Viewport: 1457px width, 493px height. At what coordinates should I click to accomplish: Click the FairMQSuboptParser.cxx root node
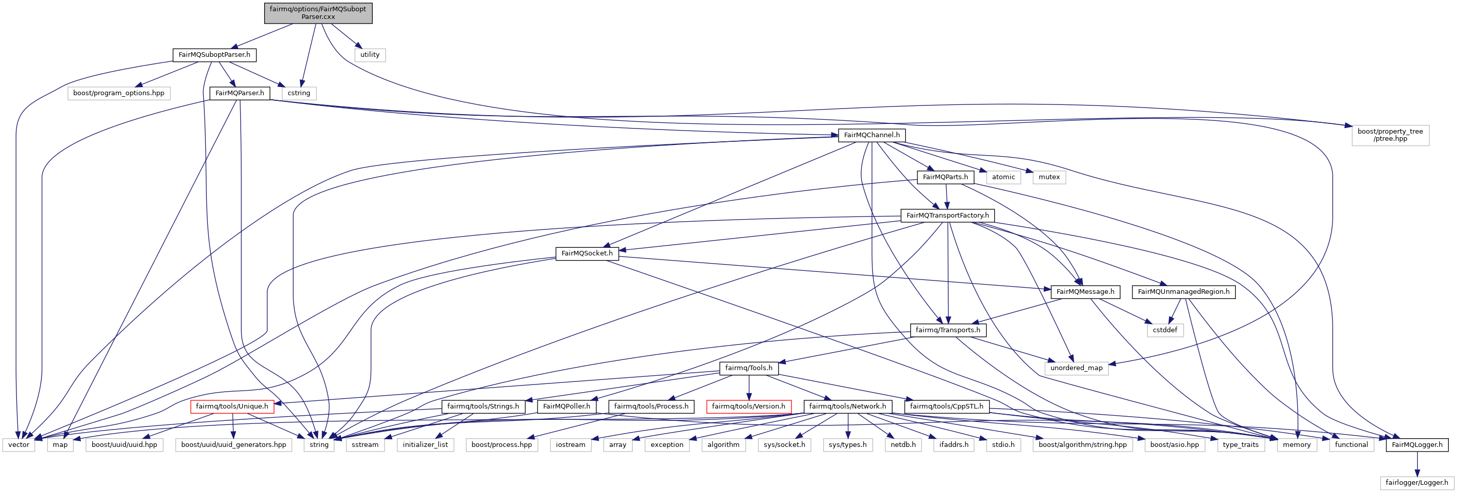click(318, 13)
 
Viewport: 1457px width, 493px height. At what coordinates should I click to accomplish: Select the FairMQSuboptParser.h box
click(215, 55)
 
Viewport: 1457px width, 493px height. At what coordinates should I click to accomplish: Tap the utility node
click(370, 55)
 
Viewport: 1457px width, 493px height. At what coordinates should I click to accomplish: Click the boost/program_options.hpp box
click(119, 93)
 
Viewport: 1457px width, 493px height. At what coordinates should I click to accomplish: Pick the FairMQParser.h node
click(240, 93)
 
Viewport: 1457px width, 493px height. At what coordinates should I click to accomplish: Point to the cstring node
click(298, 93)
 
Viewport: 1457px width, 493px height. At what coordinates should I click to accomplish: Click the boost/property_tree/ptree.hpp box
click(1390, 135)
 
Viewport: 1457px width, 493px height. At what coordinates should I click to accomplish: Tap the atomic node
click(1003, 177)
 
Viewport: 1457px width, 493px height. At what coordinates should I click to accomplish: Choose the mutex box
click(1049, 177)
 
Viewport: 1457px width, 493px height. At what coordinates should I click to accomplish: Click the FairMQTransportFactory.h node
click(948, 216)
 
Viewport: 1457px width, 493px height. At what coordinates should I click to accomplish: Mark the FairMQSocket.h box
click(587, 253)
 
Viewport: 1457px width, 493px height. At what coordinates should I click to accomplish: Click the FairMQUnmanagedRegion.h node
click(1184, 292)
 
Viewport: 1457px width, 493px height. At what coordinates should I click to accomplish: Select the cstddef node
click(1165, 330)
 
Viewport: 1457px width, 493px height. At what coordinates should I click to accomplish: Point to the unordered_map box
click(1076, 368)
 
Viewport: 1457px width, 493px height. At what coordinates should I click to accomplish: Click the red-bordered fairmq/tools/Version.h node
click(748, 406)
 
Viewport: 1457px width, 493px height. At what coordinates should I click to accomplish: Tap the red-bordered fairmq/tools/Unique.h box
click(232, 406)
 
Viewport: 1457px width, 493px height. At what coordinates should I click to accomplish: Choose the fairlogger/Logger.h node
click(1417, 483)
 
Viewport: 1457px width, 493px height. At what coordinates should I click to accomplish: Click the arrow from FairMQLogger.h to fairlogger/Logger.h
click(1417, 464)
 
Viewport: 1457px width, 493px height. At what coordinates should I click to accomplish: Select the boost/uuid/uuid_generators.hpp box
click(233, 445)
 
